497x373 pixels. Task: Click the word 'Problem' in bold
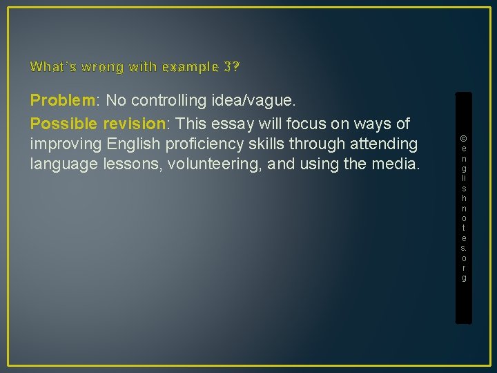[62, 101]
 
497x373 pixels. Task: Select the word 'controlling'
[166, 101]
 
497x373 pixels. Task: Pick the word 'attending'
[383, 145]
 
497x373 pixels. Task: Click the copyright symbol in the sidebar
[464, 138]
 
